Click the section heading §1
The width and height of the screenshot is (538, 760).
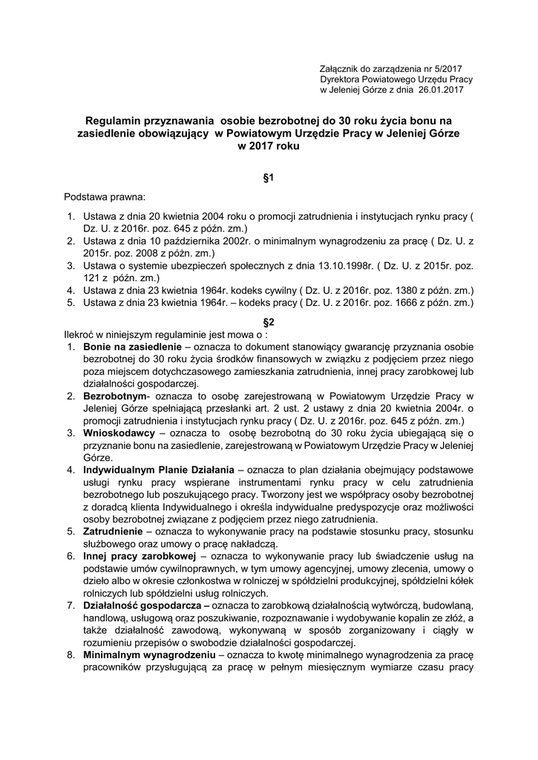point(269,177)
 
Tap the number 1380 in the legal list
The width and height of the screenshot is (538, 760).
point(404,289)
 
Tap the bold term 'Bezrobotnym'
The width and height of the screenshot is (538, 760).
point(115,396)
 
